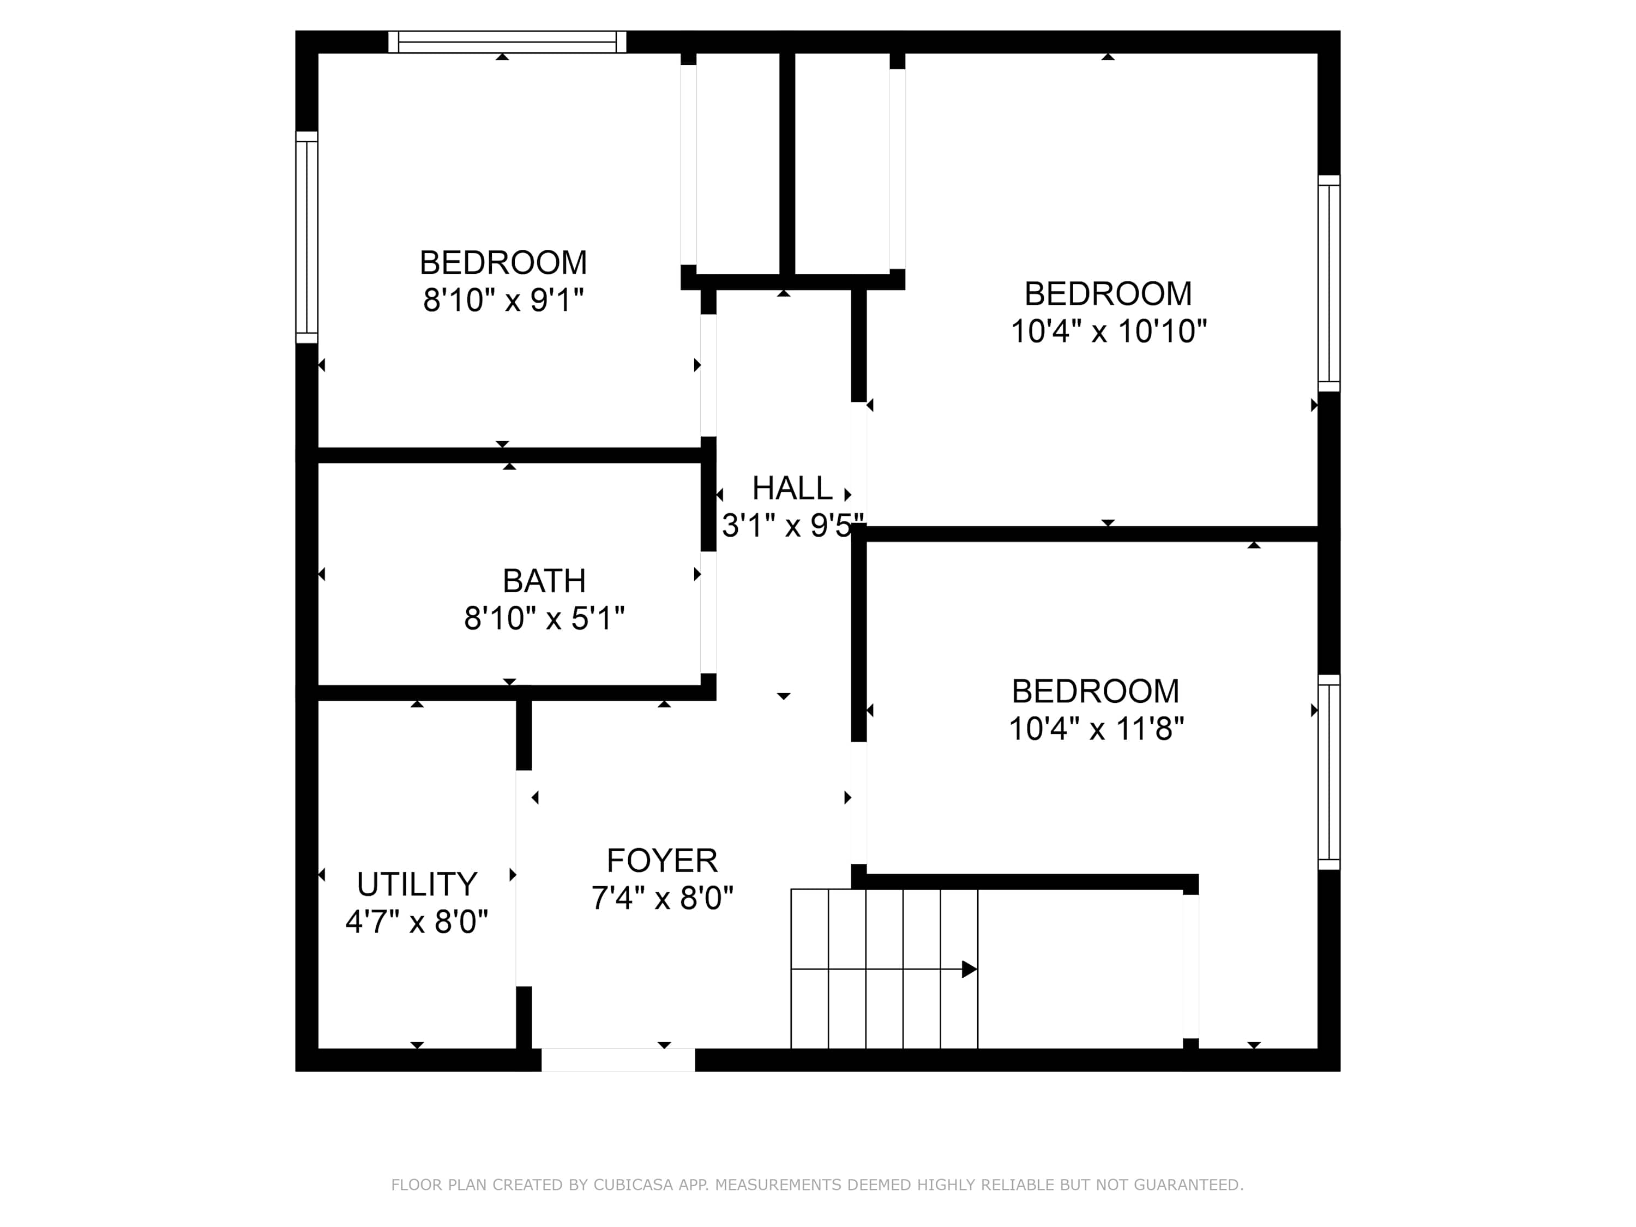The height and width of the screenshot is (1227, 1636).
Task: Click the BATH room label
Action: (x=544, y=581)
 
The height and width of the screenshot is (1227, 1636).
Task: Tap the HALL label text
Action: (x=792, y=488)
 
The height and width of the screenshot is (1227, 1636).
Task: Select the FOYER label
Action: (x=662, y=860)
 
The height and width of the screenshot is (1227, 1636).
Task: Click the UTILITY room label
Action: (x=417, y=884)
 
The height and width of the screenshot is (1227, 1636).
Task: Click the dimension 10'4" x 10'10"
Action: (x=1108, y=332)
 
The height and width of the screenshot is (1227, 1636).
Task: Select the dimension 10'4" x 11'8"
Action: (x=1096, y=729)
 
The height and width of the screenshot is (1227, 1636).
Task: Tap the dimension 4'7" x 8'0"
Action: (x=417, y=922)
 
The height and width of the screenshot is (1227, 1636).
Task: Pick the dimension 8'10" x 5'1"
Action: (x=544, y=618)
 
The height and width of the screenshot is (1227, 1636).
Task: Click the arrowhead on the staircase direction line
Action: (x=970, y=969)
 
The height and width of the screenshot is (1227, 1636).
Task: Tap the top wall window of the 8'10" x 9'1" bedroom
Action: (x=507, y=42)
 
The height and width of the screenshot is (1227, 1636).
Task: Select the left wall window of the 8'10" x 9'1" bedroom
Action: (x=307, y=237)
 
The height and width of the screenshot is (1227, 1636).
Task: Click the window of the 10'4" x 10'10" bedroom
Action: (x=1329, y=283)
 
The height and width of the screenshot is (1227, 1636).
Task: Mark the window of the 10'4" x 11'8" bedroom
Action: (x=1329, y=772)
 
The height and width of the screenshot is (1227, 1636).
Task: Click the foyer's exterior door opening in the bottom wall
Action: (x=618, y=1060)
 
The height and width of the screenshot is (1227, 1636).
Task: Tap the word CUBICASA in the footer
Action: (x=633, y=1186)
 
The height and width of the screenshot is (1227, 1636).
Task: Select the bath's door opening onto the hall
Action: (x=708, y=612)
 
